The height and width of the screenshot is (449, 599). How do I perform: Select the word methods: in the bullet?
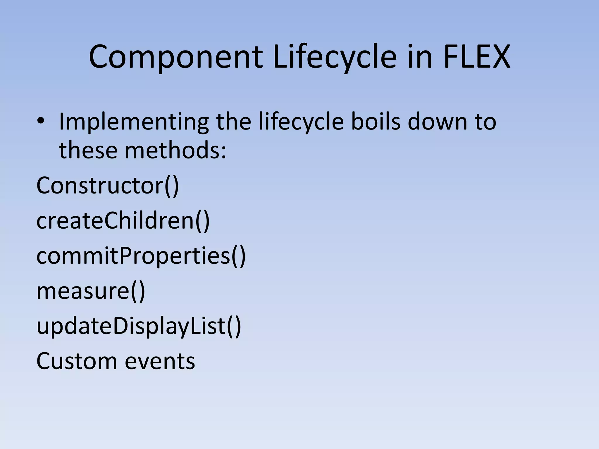coord(175,150)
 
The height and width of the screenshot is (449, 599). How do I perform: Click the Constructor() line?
coord(107,185)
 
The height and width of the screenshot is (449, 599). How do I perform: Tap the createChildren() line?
coord(123,220)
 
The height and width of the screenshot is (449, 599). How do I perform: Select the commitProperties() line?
coord(141,256)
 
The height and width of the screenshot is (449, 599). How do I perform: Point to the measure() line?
coord(91,291)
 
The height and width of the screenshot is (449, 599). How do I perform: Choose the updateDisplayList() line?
coord(139,326)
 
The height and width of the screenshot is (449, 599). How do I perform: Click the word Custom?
coord(76,361)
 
